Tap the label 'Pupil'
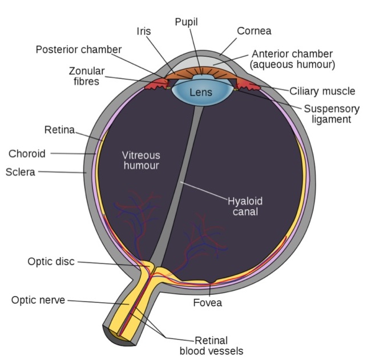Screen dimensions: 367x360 [186, 22]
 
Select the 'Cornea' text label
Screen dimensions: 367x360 [254, 31]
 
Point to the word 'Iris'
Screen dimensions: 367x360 [144, 31]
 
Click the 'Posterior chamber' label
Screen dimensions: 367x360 [79, 50]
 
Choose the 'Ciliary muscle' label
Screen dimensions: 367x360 [322, 91]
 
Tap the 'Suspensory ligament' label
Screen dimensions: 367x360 [332, 114]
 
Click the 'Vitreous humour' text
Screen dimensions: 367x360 [141, 161]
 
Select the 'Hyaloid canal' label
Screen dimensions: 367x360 [245, 206]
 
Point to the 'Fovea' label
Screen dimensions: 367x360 [207, 303]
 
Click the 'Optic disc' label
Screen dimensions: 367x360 [51, 261]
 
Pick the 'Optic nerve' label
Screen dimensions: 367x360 [38, 300]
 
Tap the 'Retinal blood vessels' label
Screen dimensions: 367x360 [211, 346]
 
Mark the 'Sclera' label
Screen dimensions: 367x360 [21, 172]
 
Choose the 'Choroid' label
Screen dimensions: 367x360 [27, 154]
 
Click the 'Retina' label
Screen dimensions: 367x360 [59, 130]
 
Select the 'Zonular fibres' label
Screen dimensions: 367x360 [87, 76]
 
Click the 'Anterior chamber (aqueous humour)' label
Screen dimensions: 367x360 [292, 59]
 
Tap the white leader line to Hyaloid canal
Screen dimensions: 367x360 [204, 191]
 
